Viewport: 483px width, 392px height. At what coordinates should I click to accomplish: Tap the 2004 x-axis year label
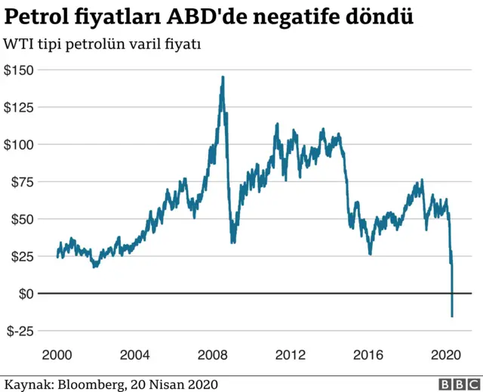click(137, 353)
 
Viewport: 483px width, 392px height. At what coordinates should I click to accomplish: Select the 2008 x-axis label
click(214, 353)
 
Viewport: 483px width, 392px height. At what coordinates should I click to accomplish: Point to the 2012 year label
click(291, 353)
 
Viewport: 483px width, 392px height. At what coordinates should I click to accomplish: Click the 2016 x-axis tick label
click(368, 353)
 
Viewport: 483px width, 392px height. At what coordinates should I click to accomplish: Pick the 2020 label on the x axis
click(445, 353)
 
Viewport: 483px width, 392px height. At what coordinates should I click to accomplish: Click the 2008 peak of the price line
click(223, 77)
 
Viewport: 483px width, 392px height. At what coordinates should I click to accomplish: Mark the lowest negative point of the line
click(452, 316)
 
